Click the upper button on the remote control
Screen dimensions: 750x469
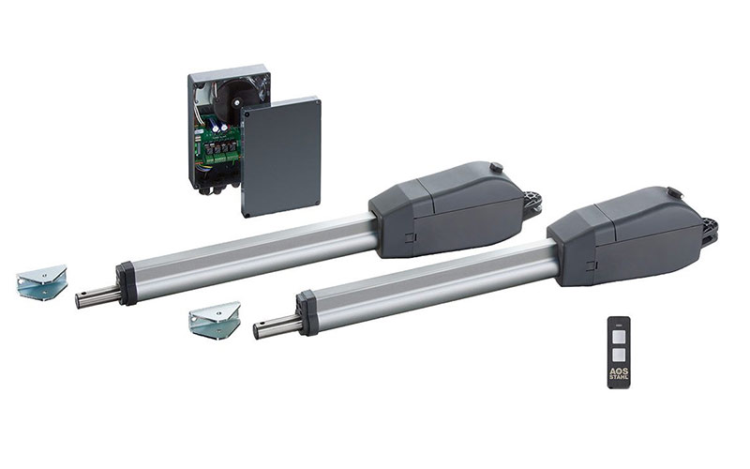click(x=619, y=337)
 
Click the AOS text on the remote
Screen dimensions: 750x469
click(x=619, y=371)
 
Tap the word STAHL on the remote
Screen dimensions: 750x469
click(x=619, y=377)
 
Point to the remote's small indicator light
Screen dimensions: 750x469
click(x=619, y=324)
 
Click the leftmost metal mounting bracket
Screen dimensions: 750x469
click(x=41, y=282)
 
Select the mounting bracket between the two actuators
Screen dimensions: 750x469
click(x=215, y=320)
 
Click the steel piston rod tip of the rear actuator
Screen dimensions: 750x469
click(x=82, y=300)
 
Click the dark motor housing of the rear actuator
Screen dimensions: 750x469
click(x=447, y=210)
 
